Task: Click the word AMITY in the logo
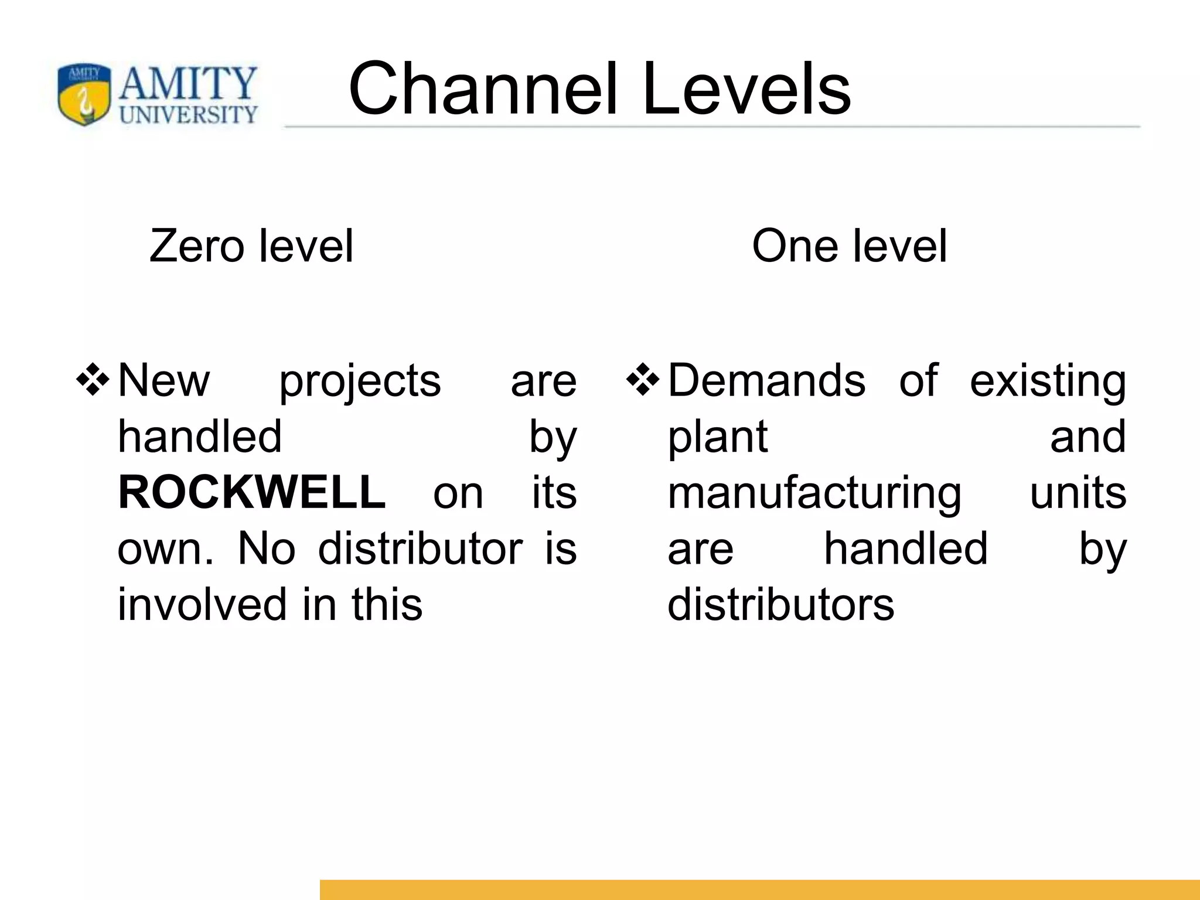point(187,84)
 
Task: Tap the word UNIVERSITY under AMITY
point(187,115)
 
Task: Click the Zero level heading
point(251,246)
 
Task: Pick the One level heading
point(849,246)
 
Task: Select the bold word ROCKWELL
point(252,492)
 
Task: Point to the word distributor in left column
point(420,549)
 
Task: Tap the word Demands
point(766,381)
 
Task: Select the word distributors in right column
point(780,605)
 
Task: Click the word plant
point(717,438)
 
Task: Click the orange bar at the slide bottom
point(759,889)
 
